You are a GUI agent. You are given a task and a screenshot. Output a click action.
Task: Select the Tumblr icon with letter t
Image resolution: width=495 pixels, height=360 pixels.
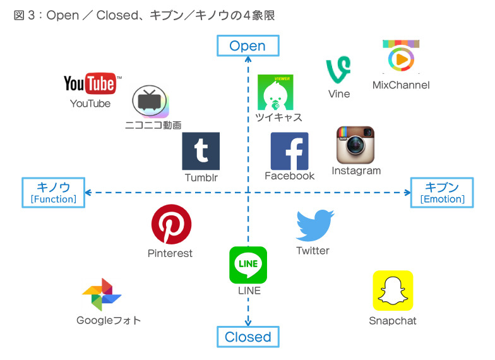click(201, 151)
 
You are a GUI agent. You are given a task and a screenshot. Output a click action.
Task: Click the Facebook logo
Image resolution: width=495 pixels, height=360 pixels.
click(289, 151)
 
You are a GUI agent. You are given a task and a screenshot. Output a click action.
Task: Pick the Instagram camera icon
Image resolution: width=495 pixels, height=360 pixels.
click(355, 145)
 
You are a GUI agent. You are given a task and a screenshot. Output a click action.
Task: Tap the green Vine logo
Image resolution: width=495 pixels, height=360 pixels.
click(338, 70)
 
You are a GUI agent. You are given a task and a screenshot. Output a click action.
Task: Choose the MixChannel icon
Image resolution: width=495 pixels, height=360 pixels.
click(401, 58)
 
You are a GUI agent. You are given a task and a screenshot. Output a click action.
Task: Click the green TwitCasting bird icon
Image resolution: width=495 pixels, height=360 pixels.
click(275, 92)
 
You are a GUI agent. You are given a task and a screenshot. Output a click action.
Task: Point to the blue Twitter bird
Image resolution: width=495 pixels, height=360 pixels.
click(314, 225)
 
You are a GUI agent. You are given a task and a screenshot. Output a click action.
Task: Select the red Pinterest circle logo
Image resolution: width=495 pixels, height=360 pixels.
click(171, 224)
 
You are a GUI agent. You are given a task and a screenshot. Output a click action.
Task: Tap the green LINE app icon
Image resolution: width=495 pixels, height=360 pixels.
click(248, 265)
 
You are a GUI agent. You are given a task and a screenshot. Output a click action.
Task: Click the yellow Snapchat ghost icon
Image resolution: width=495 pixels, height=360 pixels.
click(393, 291)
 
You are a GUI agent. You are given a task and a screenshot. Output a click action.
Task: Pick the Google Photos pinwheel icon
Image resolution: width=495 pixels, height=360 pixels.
click(102, 294)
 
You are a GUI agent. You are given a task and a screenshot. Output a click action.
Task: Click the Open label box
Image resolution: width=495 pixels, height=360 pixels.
click(247, 46)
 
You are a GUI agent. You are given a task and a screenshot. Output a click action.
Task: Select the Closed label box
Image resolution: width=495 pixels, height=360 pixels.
click(248, 337)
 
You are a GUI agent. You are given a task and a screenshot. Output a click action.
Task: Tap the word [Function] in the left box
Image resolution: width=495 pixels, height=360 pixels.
click(54, 200)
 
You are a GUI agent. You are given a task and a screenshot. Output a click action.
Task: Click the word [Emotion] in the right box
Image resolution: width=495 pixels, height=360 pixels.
click(442, 200)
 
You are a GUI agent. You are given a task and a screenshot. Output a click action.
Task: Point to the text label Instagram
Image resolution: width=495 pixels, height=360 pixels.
click(356, 171)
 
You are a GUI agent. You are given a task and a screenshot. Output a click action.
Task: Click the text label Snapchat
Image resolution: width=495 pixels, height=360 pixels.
click(393, 321)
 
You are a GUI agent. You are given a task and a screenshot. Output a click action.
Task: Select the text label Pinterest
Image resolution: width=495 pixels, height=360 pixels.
click(170, 253)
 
